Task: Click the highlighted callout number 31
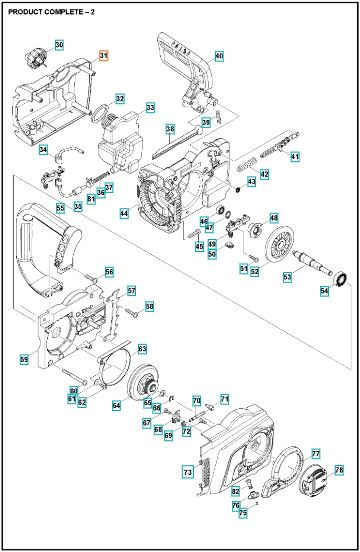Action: pos(103,56)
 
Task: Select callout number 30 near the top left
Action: pos(58,46)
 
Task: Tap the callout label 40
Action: pos(219,55)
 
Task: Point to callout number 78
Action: pos(338,469)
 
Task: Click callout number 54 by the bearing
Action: pos(323,291)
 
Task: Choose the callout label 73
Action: pos(187,470)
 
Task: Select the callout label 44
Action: pos(123,213)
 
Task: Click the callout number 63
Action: pos(142,348)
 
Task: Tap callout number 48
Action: pos(274,217)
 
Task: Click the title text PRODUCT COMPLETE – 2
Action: pos(49,9)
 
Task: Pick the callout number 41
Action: pos(294,157)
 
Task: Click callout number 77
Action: pos(315,453)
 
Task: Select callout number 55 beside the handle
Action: pos(60,208)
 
